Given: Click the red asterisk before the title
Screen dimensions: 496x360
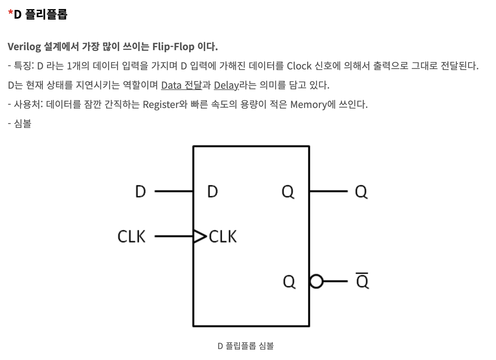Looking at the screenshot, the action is [11, 13].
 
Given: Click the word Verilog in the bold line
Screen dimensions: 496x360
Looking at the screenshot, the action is [24, 47].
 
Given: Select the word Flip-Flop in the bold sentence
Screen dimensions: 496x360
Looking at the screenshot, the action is [173, 47].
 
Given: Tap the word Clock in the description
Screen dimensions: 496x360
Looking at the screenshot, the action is [299, 66].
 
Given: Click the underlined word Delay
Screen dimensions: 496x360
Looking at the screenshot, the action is [226, 85].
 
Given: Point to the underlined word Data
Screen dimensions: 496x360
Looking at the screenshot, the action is [171, 85].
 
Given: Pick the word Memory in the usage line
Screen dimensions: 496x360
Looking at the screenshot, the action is [308, 105].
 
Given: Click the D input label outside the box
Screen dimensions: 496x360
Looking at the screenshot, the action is [141, 192].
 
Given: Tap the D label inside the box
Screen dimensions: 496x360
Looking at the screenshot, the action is [213, 192].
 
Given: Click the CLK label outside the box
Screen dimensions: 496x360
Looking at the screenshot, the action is [132, 237].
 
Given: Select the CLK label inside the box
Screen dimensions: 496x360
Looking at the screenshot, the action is [223, 237].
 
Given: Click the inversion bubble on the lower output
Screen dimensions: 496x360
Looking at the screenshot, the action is [316, 282].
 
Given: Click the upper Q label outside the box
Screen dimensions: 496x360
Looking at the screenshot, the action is [361, 192].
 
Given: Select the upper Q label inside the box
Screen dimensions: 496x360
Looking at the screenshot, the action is [288, 192].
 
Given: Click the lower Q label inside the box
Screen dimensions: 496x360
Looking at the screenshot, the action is [289, 282].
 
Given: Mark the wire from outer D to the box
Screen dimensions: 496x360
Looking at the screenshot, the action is [174, 191].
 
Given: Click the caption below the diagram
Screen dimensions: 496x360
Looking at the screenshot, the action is [246, 346].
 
